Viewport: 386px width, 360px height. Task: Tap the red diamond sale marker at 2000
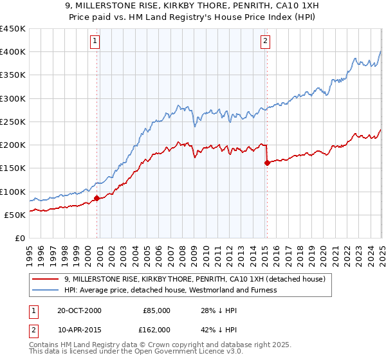click(97, 199)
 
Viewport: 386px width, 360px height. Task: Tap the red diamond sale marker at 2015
click(267, 163)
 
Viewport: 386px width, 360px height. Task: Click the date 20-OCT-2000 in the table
click(79, 310)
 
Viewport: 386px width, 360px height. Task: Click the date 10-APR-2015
click(79, 329)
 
